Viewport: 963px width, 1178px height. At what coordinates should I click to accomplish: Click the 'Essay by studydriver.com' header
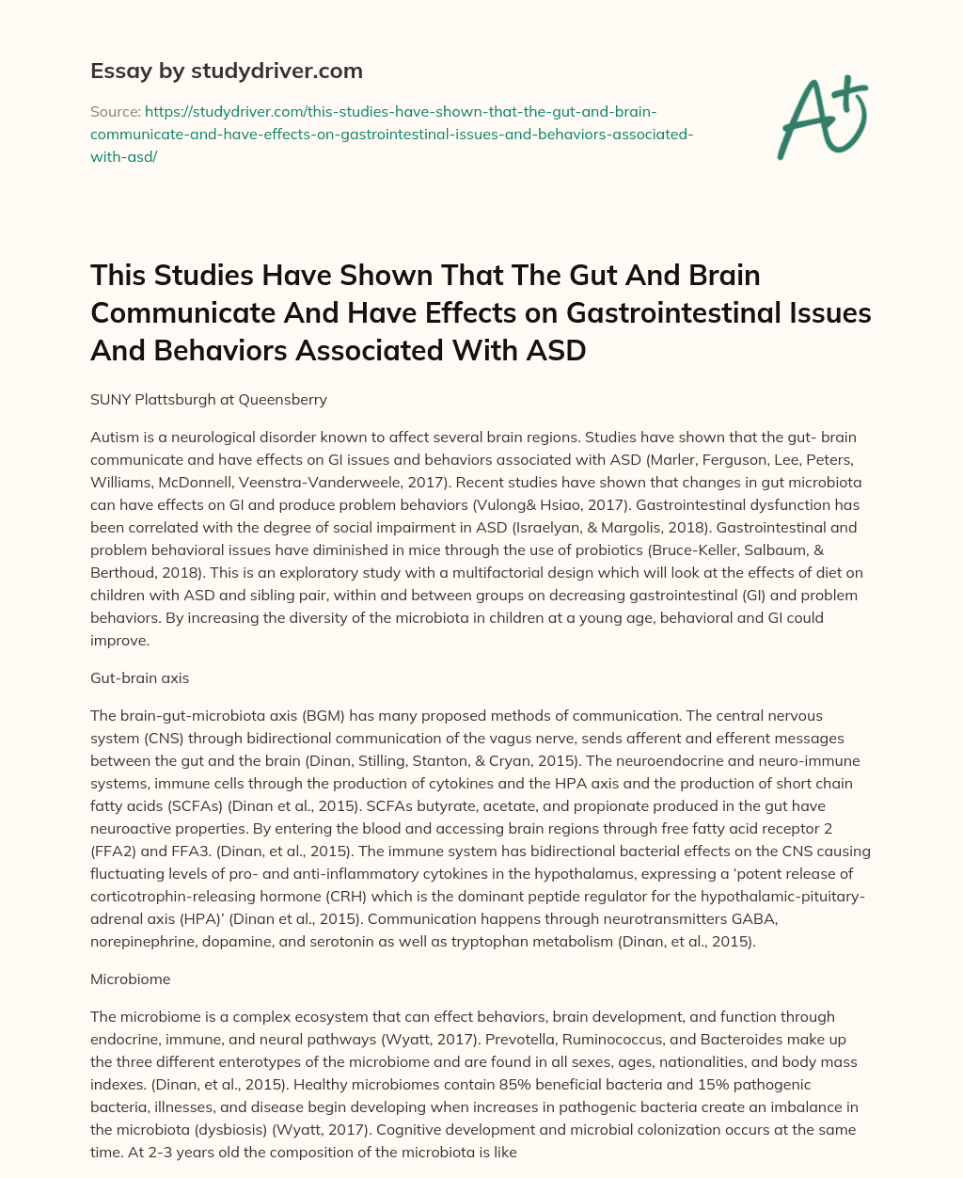(x=226, y=71)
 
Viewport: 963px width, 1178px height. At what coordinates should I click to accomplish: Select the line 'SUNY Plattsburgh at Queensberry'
(x=209, y=399)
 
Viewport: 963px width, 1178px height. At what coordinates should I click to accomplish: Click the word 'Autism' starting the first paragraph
(x=114, y=438)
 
